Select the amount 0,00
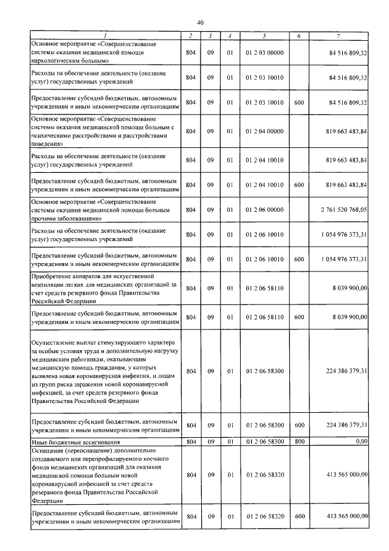362,441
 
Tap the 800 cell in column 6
298,441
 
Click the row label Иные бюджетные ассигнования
67,441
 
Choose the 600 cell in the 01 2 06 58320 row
298,516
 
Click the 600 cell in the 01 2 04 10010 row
298,184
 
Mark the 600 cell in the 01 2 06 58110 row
298,317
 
